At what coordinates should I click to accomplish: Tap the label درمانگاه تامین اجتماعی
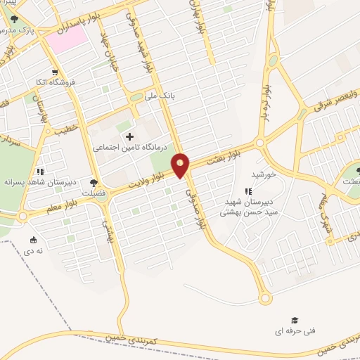[131, 148]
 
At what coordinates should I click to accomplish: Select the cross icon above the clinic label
[129, 136]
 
